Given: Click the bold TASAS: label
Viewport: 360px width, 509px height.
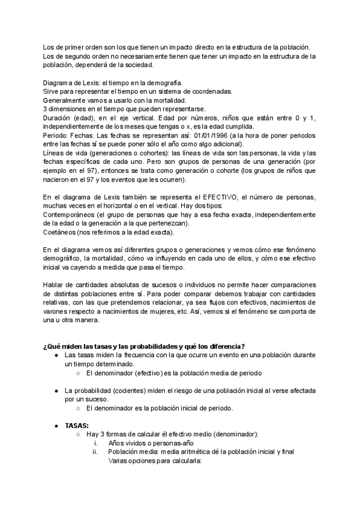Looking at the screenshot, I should [x=77, y=426].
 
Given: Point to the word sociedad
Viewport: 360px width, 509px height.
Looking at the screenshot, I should [x=137, y=65].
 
